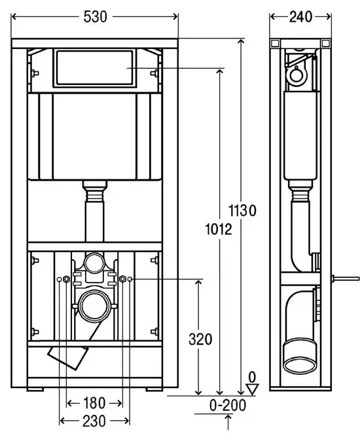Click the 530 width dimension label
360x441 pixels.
tap(96, 17)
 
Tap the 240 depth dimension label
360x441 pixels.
tap(300, 17)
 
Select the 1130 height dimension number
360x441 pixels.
tap(242, 211)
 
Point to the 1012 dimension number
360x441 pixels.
tap(219, 229)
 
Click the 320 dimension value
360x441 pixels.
tap(200, 339)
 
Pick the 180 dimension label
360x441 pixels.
tap(94, 403)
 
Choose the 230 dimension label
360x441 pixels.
tap(94, 421)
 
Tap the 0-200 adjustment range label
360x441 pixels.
tap(228, 405)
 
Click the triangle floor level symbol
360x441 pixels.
tap(252, 389)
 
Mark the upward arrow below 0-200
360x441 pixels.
tap(228, 423)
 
